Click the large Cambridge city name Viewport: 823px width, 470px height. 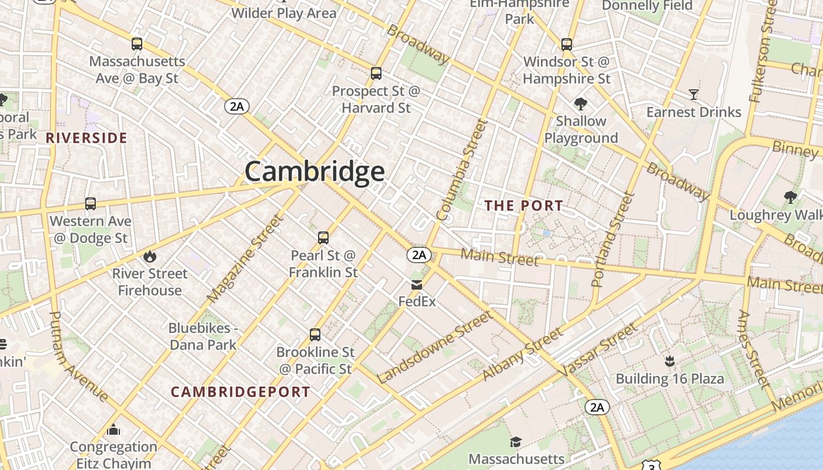(315, 172)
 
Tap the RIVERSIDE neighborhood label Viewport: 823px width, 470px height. (86, 138)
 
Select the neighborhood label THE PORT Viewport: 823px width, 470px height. (523, 206)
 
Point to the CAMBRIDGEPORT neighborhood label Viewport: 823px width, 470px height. (240, 392)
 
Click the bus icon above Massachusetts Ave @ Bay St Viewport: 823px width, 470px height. (137, 44)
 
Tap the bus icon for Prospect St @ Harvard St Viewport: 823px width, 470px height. (376, 73)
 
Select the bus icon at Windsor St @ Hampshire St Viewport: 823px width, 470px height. (567, 45)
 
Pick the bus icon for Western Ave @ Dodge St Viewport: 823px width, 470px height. (91, 204)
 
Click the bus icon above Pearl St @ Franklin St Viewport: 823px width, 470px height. (323, 238)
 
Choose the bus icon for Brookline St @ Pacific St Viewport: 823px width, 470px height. (315, 335)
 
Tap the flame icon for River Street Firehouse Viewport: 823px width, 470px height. (150, 256)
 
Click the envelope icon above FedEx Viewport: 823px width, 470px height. (417, 285)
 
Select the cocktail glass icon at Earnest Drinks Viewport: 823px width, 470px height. (694, 95)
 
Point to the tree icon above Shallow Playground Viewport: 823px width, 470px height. (581, 104)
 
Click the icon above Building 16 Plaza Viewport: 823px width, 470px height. (669, 361)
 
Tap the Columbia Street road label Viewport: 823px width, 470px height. (463, 170)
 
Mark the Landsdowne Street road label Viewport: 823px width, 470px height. (435, 347)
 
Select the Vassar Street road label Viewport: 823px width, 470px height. (599, 350)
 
